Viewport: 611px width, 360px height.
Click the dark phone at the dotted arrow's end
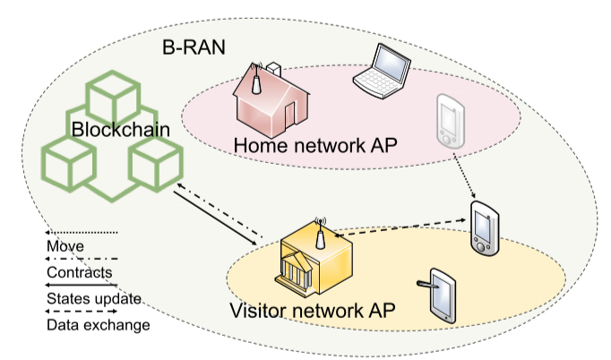483,229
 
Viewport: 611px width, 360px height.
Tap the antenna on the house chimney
254,80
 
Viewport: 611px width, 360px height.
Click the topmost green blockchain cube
108,91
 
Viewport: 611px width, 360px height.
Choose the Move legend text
65,245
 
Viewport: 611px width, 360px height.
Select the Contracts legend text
80,271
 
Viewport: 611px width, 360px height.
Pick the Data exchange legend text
98,324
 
